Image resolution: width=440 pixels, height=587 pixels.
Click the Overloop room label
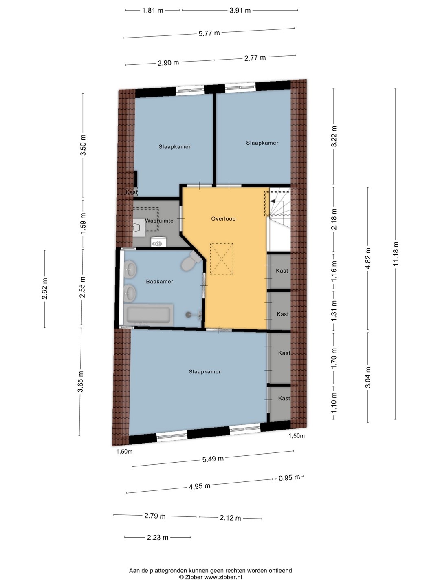point(223,219)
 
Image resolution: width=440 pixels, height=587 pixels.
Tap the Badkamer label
point(159,282)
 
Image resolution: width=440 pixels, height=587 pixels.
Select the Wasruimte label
point(159,221)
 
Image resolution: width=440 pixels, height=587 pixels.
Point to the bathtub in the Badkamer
point(149,315)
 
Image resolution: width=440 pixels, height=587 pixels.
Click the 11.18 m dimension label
point(396,254)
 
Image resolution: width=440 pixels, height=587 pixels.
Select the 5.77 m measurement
point(209,33)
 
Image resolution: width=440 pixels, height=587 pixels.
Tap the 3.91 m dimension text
point(240,11)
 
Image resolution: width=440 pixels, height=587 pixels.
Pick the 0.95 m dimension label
point(289,478)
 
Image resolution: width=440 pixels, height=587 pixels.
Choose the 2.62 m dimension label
point(45,289)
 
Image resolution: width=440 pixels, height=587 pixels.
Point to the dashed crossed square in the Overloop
point(222,259)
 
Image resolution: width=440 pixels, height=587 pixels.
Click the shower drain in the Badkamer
point(188,315)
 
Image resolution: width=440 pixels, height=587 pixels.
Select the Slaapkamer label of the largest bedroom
point(205,372)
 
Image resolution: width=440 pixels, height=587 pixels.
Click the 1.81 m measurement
point(152,11)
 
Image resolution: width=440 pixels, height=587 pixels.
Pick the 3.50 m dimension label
point(83,145)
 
